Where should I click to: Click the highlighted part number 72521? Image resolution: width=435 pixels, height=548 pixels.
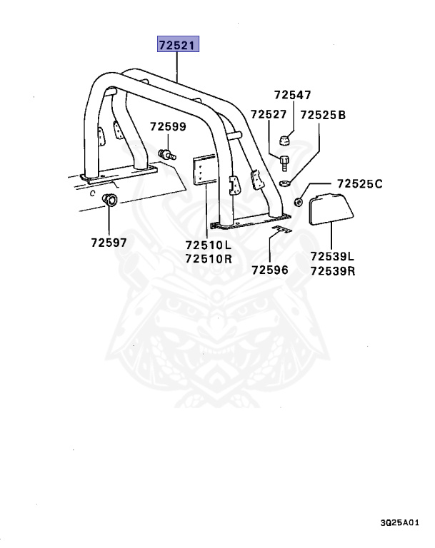pyautogui.click(x=179, y=46)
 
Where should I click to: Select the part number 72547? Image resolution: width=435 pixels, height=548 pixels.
pyautogui.click(x=293, y=95)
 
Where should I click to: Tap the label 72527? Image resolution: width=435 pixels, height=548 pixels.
pyautogui.click(x=269, y=114)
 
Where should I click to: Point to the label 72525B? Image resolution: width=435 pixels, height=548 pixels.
pyautogui.click(x=323, y=114)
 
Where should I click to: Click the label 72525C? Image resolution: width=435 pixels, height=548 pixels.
pyautogui.click(x=354, y=184)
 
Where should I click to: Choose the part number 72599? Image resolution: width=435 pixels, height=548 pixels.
pyautogui.click(x=168, y=127)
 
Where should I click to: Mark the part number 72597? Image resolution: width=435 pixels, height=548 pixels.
pyautogui.click(x=109, y=243)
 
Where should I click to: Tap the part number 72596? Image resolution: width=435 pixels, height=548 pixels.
pyautogui.click(x=269, y=270)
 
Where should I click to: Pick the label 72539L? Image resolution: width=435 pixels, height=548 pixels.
pyautogui.click(x=334, y=256)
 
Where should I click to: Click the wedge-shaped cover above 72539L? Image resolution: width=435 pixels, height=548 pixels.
pyautogui.click(x=334, y=208)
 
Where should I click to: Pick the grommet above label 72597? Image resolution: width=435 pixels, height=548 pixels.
pyautogui.click(x=111, y=199)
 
